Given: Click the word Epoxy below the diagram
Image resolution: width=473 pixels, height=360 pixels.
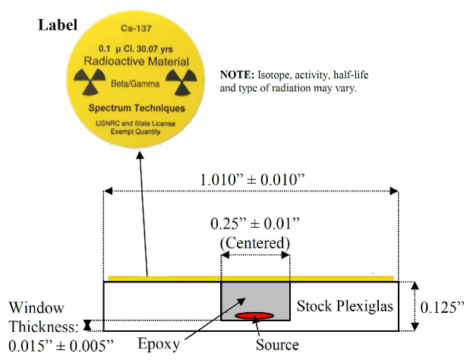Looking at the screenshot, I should tap(159, 344).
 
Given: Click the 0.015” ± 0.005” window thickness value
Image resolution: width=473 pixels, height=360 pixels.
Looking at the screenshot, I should tap(59, 345).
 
